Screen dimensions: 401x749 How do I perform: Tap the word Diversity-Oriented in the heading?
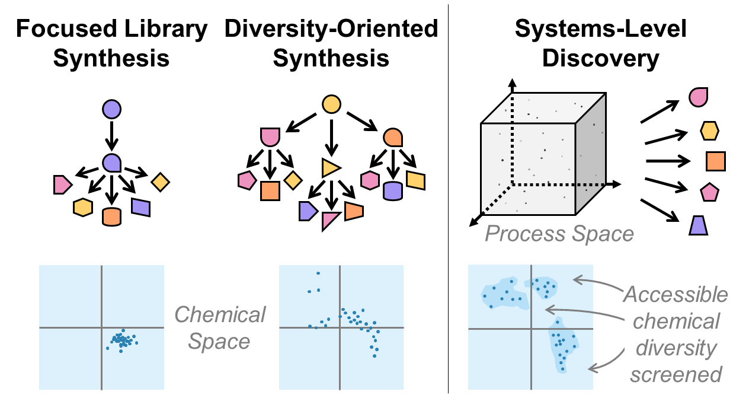pyautogui.click(x=331, y=28)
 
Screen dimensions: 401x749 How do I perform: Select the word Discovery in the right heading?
pyautogui.click(x=601, y=59)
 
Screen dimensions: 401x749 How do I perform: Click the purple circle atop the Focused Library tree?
pyautogui.click(x=111, y=109)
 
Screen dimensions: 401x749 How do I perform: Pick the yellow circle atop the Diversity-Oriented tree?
pyautogui.click(x=331, y=105)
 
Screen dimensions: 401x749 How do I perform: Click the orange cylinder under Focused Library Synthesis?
pyautogui.click(x=111, y=217)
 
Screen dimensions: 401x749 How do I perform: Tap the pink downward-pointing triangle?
pyautogui.click(x=330, y=221)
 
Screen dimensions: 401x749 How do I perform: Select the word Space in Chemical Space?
pyautogui.click(x=219, y=342)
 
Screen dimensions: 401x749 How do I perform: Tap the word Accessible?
pyautogui.click(x=676, y=294)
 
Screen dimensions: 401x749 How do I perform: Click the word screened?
pyautogui.click(x=676, y=374)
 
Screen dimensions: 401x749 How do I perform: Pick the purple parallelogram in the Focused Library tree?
pyautogui.click(x=140, y=206)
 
